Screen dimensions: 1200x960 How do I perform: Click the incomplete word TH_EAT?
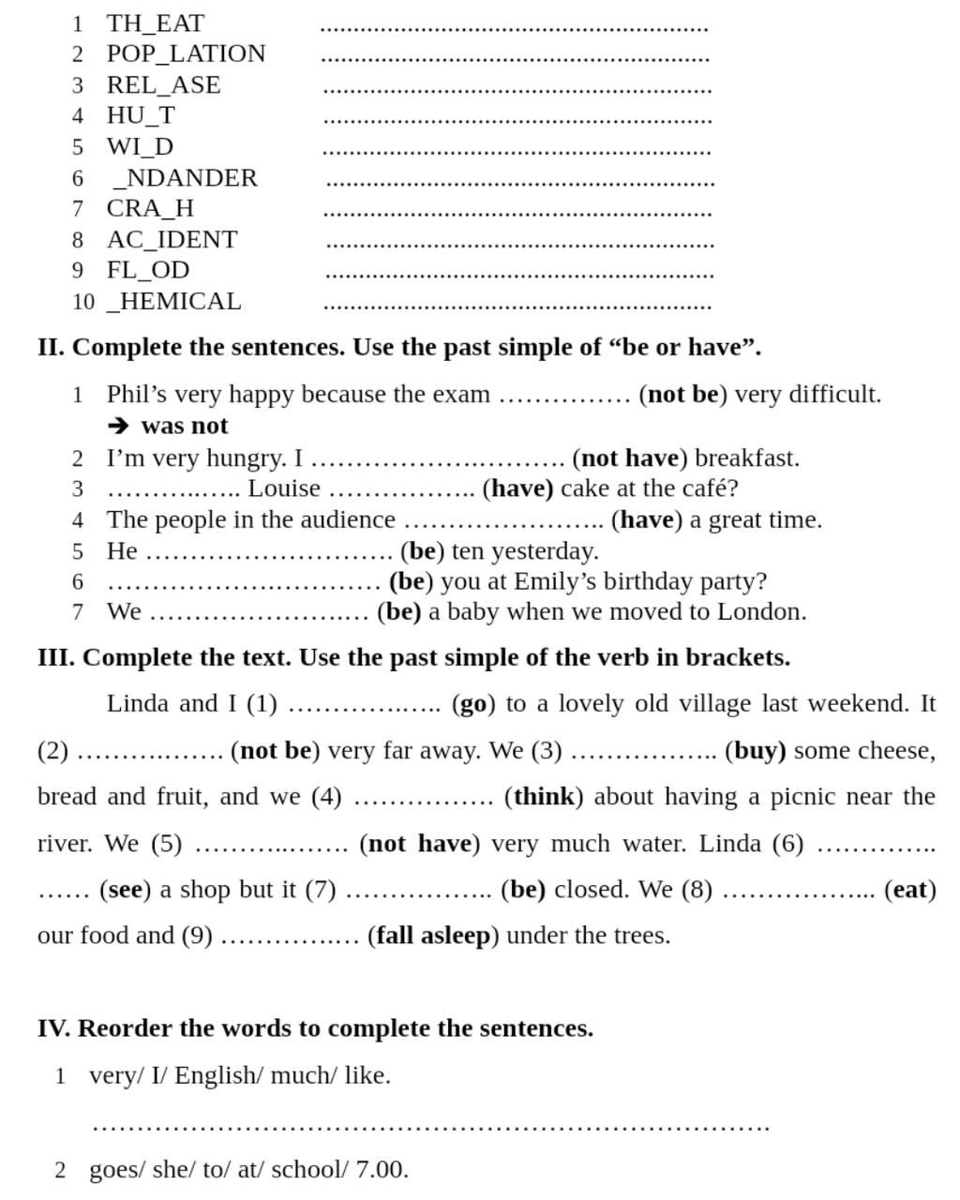click(x=155, y=23)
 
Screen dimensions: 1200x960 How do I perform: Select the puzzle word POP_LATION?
click(x=186, y=54)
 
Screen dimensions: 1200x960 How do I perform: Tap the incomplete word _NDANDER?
click(x=184, y=178)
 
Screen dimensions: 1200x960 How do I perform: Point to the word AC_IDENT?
click(x=172, y=240)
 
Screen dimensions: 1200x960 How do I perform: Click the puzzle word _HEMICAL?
click(x=174, y=302)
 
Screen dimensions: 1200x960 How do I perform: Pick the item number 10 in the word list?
click(x=82, y=302)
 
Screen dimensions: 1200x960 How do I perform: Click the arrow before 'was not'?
click(x=118, y=426)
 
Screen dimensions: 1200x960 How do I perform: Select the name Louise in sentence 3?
click(x=283, y=488)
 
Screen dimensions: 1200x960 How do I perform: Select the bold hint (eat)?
click(x=910, y=890)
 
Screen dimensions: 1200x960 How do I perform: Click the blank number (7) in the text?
click(x=321, y=890)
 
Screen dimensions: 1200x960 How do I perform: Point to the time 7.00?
click(x=382, y=1170)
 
